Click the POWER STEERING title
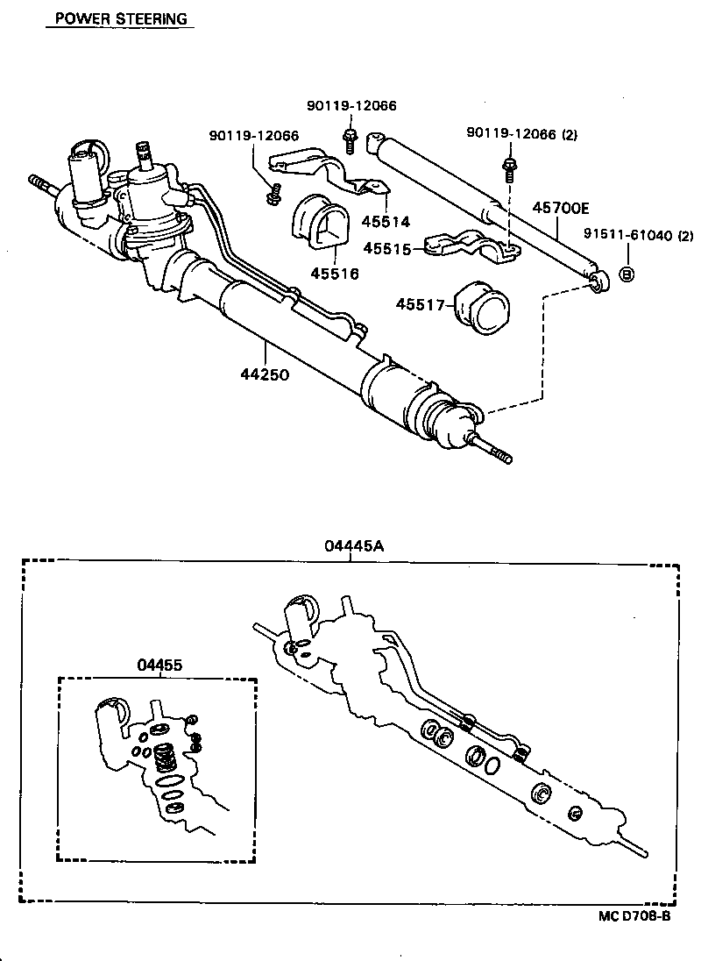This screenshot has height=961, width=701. (121, 18)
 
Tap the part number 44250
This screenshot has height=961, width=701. (265, 374)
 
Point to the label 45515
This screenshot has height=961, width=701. (386, 248)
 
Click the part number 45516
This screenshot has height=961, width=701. (334, 274)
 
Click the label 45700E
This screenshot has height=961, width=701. (561, 209)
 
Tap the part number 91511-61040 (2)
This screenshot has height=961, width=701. (639, 235)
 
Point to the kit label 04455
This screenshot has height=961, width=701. (159, 665)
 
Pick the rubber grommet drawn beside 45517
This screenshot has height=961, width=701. (485, 308)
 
